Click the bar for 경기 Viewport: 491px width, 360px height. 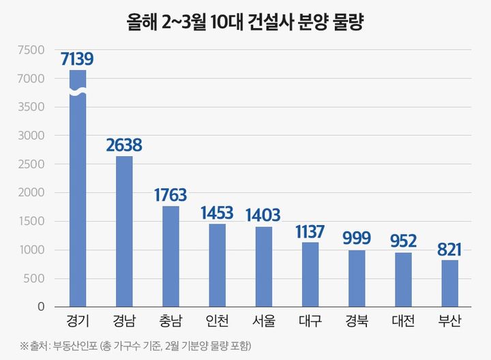pyautogui.click(x=77, y=205)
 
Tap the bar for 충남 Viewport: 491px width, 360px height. pyautogui.click(x=170, y=256)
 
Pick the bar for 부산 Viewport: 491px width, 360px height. pyautogui.click(x=449, y=284)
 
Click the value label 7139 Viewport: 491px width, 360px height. pyautogui.click(x=77, y=59)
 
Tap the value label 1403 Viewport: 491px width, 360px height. pyautogui.click(x=263, y=215)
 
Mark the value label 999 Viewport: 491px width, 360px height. pyautogui.click(x=357, y=238)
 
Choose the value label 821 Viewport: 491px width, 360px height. pyautogui.click(x=449, y=249)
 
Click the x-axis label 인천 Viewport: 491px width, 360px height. pyautogui.click(x=217, y=320)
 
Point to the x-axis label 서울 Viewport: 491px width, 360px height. pyautogui.click(x=263, y=320)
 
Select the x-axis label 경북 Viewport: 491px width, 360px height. pyautogui.click(x=357, y=320)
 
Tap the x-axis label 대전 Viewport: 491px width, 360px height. pyautogui.click(x=403, y=320)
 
